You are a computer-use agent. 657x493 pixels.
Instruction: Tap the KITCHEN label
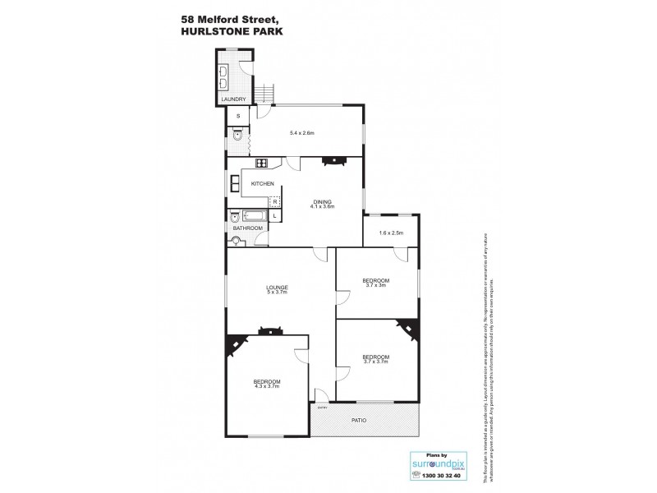tap(262, 183)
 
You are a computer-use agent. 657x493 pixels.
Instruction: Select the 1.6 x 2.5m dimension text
tap(390, 233)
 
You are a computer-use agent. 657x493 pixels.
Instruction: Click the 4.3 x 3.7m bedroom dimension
tap(267, 386)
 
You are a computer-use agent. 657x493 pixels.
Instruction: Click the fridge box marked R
tap(275, 200)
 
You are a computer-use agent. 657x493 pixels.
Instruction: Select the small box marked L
tap(274, 216)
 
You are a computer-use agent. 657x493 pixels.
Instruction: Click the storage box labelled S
tap(237, 117)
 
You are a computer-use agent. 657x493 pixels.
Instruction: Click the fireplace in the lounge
tap(268, 331)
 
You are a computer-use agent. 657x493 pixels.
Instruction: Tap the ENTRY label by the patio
tap(322, 407)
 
